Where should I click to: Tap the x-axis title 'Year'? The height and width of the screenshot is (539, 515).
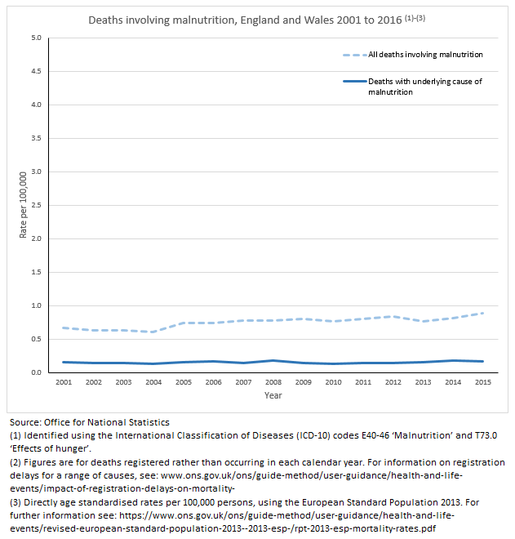(273, 395)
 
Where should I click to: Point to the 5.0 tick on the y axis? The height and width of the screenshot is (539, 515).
(35, 38)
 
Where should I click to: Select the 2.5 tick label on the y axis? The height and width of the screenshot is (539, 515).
(35, 205)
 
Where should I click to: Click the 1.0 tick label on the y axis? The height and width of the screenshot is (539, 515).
(35, 305)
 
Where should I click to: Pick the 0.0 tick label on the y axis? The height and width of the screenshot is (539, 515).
(35, 372)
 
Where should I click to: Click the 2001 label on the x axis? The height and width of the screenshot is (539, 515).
(62, 382)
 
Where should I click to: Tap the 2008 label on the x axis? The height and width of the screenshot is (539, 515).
(273, 382)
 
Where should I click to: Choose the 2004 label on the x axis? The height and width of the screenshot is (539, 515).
(153, 382)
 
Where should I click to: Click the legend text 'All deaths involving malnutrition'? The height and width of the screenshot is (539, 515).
(425, 55)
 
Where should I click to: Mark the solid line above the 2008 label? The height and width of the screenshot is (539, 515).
(273, 360)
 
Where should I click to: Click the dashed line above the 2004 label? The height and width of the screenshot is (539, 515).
(153, 332)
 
